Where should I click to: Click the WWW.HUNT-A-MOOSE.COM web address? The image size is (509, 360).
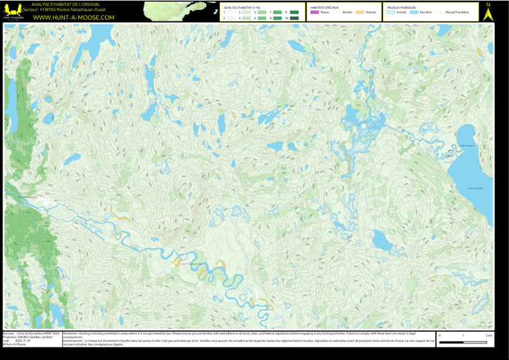tap(74, 17)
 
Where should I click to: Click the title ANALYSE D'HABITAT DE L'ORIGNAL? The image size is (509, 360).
tap(65, 5)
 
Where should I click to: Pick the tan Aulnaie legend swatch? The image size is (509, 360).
tap(360, 12)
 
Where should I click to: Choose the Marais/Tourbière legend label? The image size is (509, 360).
tap(457, 12)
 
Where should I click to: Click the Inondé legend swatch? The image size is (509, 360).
tap(391, 12)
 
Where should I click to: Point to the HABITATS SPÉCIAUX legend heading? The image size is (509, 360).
tap(324, 7)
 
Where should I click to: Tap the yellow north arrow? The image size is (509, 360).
tap(488, 13)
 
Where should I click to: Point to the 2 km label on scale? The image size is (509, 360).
tap(489, 335)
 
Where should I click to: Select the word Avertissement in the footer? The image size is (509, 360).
tap(76, 341)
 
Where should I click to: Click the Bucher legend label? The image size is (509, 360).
tap(347, 12)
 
